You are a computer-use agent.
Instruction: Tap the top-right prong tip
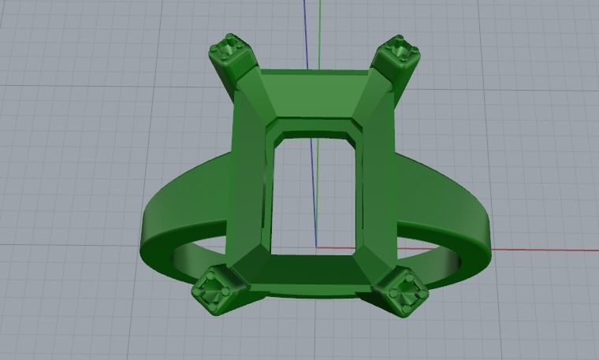pyautogui.click(x=396, y=50)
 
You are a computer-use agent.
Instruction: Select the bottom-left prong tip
pyautogui.click(x=212, y=291)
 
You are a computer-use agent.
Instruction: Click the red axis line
pyautogui.click(x=536, y=251)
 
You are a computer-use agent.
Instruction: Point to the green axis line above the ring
pyautogui.click(x=321, y=32)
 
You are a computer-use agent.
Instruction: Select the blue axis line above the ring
pyautogui.click(x=305, y=32)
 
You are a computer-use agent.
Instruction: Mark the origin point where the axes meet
pyautogui.click(x=317, y=247)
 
